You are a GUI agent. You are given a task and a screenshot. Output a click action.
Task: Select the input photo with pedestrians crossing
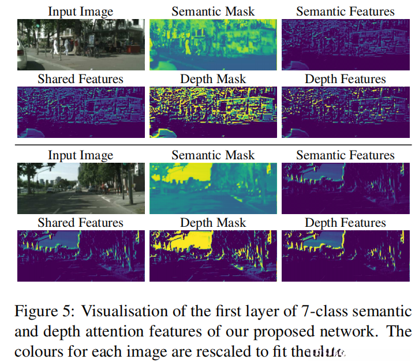click(80, 44)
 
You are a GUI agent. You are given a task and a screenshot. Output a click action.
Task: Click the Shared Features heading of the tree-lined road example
click(80, 223)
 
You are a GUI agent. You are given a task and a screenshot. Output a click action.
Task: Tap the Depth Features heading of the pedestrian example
click(345, 79)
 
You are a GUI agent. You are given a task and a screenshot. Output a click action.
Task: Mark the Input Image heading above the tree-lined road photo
click(80, 155)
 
